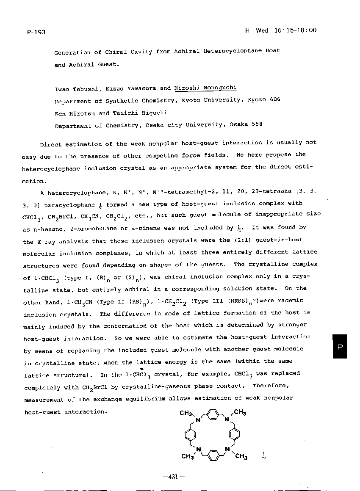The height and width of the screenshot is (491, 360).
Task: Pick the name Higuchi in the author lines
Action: click(154, 113)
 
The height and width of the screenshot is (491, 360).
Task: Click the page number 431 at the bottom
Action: click(174, 477)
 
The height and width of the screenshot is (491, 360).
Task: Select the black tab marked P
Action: click(339, 346)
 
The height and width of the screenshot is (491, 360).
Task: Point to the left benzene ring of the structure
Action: click(190, 434)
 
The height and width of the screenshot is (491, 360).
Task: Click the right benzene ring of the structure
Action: click(235, 434)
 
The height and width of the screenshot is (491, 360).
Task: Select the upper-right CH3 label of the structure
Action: click(240, 413)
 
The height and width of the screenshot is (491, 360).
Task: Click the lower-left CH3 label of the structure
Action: click(187, 456)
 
